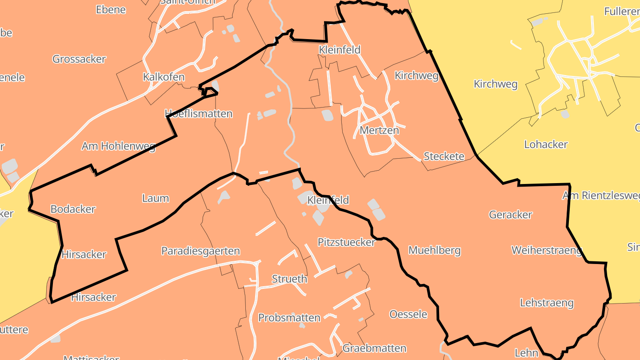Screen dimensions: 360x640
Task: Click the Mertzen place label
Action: click(379, 130)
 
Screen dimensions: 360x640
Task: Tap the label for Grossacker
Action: click(79, 59)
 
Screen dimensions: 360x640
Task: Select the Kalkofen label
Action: click(164, 77)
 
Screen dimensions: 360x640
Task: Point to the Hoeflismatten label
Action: click(199, 113)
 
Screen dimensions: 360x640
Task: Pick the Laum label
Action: click(156, 198)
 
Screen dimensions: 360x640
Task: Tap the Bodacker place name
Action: click(73, 209)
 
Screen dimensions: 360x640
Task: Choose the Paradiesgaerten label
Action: click(200, 251)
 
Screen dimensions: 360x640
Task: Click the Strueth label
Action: click(289, 279)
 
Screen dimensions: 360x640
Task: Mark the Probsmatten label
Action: click(289, 318)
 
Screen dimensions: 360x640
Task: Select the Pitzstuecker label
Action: click(347, 242)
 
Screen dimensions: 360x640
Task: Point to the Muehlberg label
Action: click(434, 250)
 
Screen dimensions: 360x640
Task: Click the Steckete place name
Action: click(444, 156)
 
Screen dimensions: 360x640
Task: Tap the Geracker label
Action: click(511, 215)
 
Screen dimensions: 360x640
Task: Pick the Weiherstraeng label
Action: click(547, 250)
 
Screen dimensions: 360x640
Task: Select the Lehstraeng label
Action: click(547, 303)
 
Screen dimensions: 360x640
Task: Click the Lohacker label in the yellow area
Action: click(546, 144)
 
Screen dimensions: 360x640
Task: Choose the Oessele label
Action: click(408, 314)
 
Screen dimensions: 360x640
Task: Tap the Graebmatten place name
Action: click(375, 348)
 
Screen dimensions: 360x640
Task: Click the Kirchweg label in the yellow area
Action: click(496, 84)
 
